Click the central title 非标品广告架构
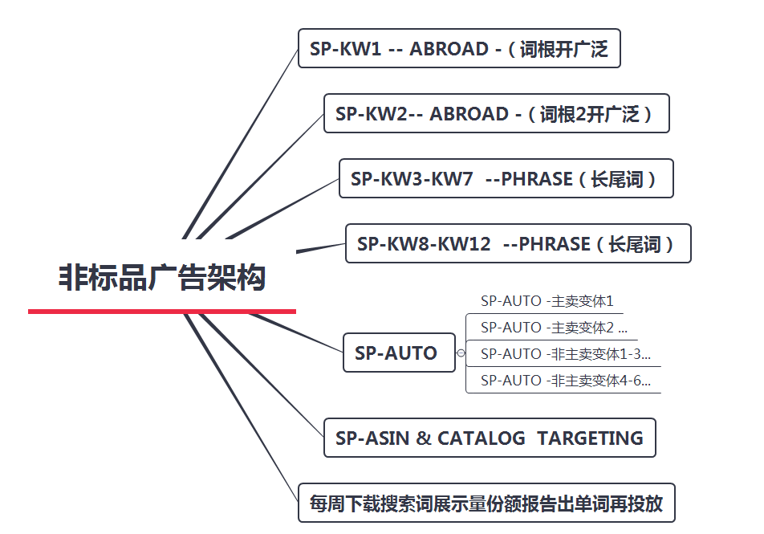tap(162, 278)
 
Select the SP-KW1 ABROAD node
tap(459, 48)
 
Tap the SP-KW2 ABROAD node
tap(497, 113)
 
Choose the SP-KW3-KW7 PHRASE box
tap(506, 178)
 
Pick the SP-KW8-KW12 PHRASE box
tap(518, 243)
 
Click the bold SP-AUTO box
tap(399, 353)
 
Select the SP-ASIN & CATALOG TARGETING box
tap(490, 438)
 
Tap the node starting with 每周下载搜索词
tap(486, 503)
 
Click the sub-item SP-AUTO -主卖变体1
tap(547, 301)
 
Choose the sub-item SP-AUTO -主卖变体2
tap(554, 328)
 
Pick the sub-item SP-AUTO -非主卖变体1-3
tap(565, 353)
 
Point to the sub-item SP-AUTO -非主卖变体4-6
tap(565, 380)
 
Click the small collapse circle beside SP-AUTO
tap(461, 353)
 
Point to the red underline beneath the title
tap(162, 311)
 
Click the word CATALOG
tap(481, 438)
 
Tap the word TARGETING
tap(590, 438)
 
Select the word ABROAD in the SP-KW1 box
tap(449, 49)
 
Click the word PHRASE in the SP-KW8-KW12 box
tap(555, 244)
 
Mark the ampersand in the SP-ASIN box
tap(424, 438)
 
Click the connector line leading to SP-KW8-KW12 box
tap(321, 248)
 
